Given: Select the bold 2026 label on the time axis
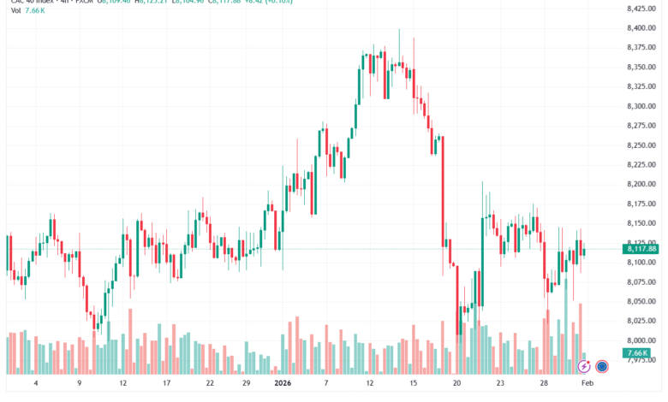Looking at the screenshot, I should (283, 384).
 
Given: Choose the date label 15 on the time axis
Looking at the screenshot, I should (413, 384).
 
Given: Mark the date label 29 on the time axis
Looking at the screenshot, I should (246, 384).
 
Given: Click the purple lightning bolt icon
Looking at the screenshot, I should (584, 366).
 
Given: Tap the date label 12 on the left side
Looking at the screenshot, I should (123, 384).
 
